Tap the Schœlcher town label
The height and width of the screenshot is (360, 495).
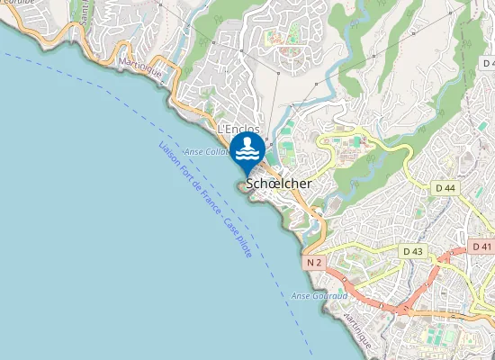[279, 182]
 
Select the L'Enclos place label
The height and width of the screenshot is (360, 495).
[238, 130]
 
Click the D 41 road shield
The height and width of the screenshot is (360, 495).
[481, 246]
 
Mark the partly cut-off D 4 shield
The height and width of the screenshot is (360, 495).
[488, 64]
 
